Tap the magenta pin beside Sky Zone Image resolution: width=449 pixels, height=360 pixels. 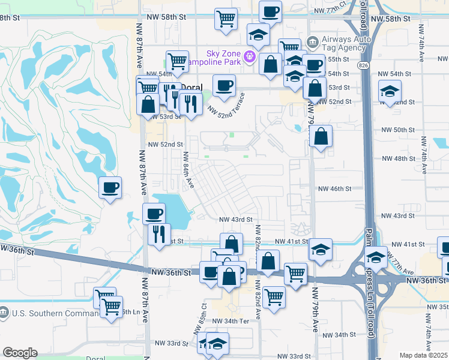(250, 58)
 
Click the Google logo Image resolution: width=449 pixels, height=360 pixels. (20, 353)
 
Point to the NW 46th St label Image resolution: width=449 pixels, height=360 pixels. (334, 188)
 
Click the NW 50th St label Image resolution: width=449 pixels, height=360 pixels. (399, 130)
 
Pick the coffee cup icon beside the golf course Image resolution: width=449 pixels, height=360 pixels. (110, 187)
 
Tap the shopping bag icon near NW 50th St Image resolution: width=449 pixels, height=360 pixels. (321, 137)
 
